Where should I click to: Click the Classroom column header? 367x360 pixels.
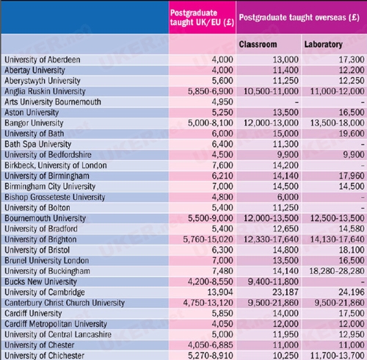tap(258, 44)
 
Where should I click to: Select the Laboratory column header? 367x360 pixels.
tap(323, 44)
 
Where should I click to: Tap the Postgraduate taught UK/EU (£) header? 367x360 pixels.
tap(202, 18)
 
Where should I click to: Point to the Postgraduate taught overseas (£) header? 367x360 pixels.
tap(299, 18)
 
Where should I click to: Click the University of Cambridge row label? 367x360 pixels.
tap(45, 292)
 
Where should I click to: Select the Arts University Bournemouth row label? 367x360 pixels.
tap(53, 102)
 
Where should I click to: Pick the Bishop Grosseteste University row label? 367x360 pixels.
tap(55, 197)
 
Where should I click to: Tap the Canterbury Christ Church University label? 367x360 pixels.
tap(65, 303)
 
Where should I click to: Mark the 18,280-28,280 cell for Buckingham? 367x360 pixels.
tap(337, 271)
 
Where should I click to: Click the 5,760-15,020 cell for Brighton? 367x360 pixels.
tap(208, 240)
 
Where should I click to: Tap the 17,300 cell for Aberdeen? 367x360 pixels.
tap(352, 60)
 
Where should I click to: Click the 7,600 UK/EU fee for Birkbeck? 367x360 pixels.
tap(222, 165)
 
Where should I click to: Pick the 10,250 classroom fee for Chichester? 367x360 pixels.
tap(286, 356)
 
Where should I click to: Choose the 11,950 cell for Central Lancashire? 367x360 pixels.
tap(286, 334)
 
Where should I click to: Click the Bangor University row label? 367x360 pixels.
tap(34, 123)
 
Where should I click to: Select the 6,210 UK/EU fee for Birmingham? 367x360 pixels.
tap(222, 176)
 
